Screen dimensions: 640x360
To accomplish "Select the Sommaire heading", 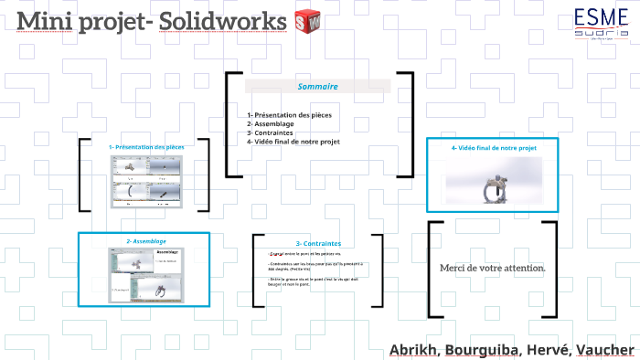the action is pos(318,87).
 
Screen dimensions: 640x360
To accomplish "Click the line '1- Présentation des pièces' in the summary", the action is pos(289,114).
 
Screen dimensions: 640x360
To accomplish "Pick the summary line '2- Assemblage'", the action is pos(271,123).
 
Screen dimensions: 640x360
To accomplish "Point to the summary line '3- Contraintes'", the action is pos(270,132).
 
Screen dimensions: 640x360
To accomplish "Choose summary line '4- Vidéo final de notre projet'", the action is pos(293,142).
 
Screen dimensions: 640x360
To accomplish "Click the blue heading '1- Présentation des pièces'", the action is pos(146,147).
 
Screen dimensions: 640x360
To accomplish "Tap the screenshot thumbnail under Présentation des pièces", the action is pos(146,181).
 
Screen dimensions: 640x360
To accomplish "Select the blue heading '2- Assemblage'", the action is pos(145,240).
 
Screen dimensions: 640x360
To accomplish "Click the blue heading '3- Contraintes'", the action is pos(318,244).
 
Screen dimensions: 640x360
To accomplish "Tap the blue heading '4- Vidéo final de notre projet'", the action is pos(494,147).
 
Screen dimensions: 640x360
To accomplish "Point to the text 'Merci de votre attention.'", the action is pos(493,267).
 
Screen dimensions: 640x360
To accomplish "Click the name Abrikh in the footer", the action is pos(414,350).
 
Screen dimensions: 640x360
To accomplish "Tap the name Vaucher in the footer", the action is pos(605,350).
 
